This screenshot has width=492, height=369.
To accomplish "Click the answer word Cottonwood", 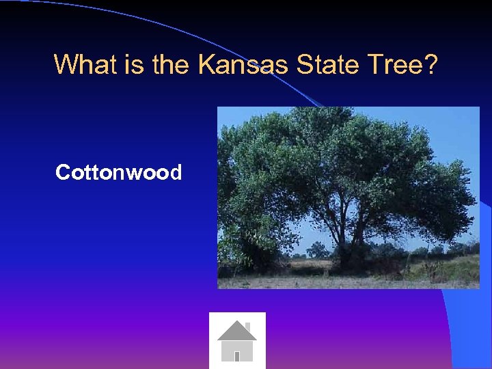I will coord(118,172).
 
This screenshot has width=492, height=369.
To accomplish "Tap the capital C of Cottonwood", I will coord(62,172).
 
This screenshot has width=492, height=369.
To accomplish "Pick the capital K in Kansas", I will coord(206,65).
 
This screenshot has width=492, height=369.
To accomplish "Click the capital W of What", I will coord(66,65).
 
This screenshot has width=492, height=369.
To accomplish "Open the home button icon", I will coord(236,340).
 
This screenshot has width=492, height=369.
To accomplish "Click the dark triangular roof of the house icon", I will coord(236,331).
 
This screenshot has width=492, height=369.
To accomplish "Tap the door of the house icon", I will coord(236,355).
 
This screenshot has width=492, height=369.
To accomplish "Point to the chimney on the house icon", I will coord(247,325).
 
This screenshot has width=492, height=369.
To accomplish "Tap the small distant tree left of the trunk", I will coord(316,249).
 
